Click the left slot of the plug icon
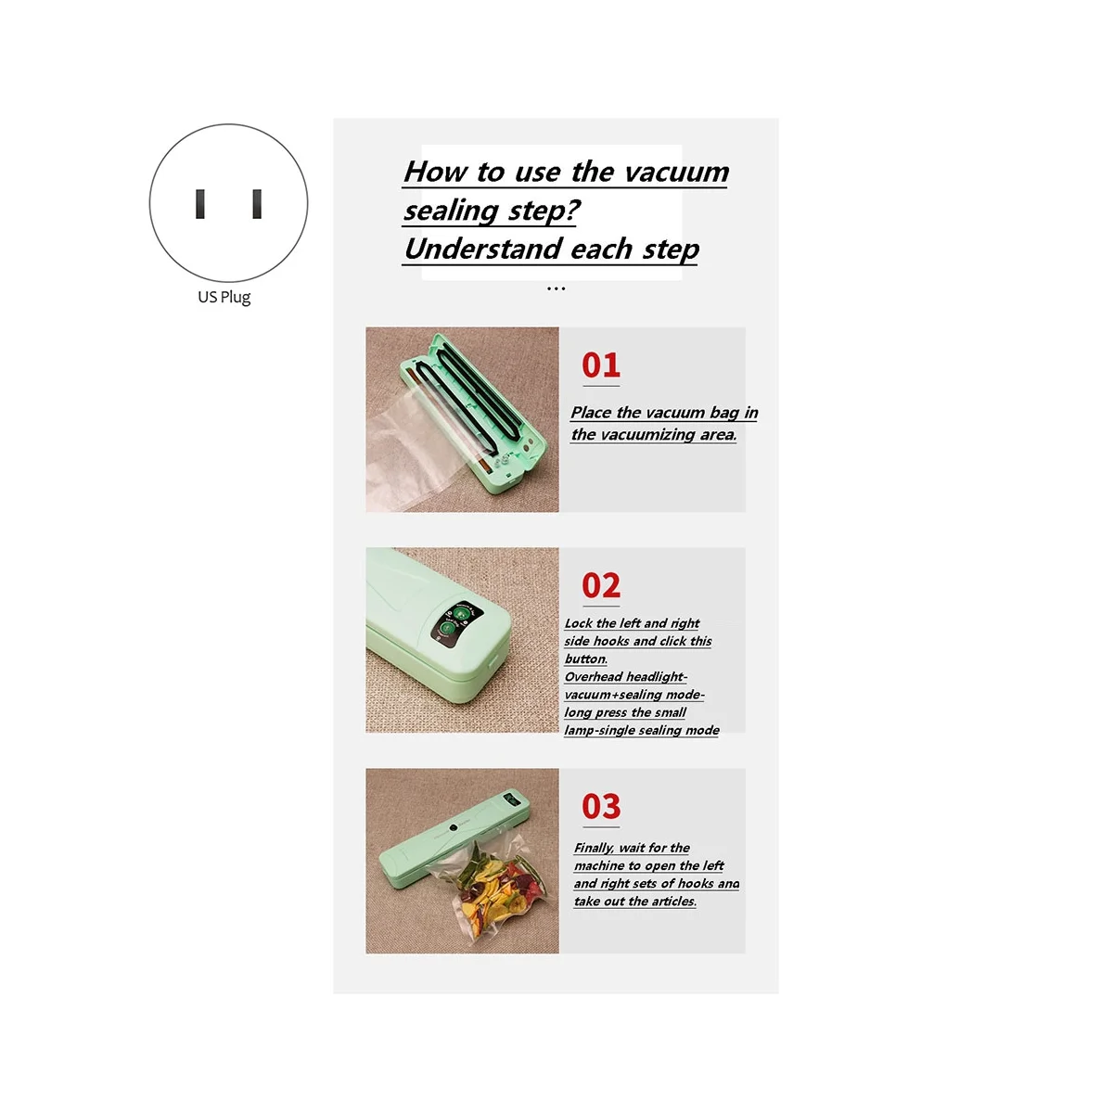199,204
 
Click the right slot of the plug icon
257,204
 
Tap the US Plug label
224,297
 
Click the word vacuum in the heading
674,172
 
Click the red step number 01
601,365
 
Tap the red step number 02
601,586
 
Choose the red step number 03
601,807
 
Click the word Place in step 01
591,413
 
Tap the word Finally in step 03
594,848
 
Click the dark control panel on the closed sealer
452,620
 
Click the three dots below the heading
556,289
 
